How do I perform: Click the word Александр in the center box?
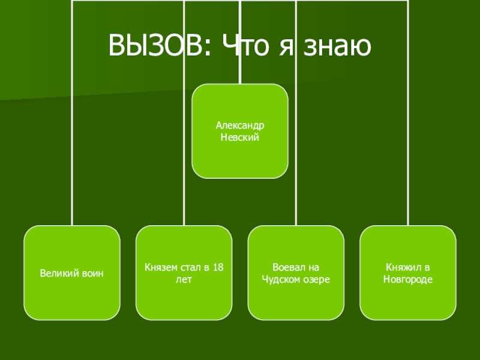(x=240, y=127)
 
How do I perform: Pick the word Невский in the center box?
(x=240, y=137)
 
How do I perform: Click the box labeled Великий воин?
(x=72, y=273)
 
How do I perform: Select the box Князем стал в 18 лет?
(x=184, y=273)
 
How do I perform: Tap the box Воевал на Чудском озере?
(x=296, y=273)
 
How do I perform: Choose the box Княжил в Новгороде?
(x=408, y=273)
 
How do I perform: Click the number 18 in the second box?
(x=218, y=267)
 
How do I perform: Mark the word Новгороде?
(x=408, y=279)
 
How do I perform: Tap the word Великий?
(x=58, y=273)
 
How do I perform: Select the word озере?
(x=317, y=279)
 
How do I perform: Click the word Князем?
(x=160, y=267)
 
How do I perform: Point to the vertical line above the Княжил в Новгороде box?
(x=408, y=150)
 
